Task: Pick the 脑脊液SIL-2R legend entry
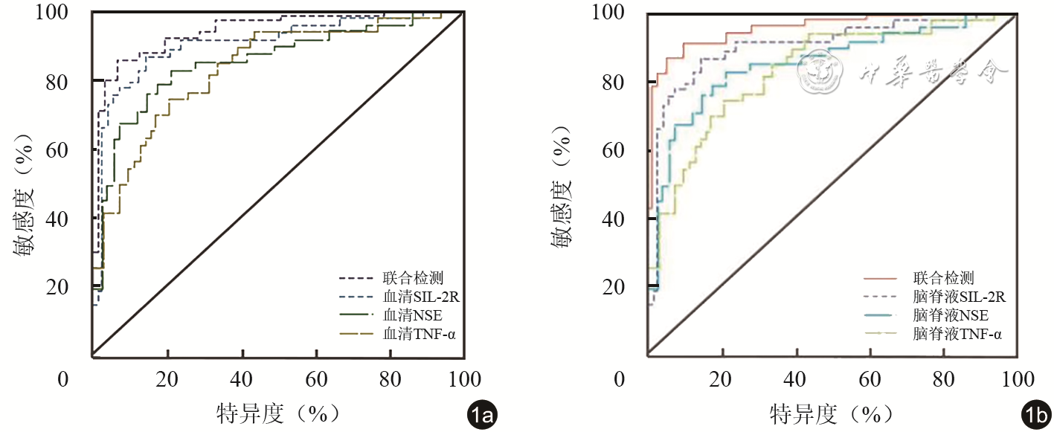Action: coord(960,297)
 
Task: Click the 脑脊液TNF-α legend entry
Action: coord(957,335)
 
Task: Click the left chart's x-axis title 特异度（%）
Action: coord(277,413)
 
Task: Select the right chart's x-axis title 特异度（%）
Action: coord(831,413)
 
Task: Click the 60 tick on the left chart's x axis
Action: coord(317,379)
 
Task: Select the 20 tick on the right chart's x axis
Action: coord(721,379)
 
